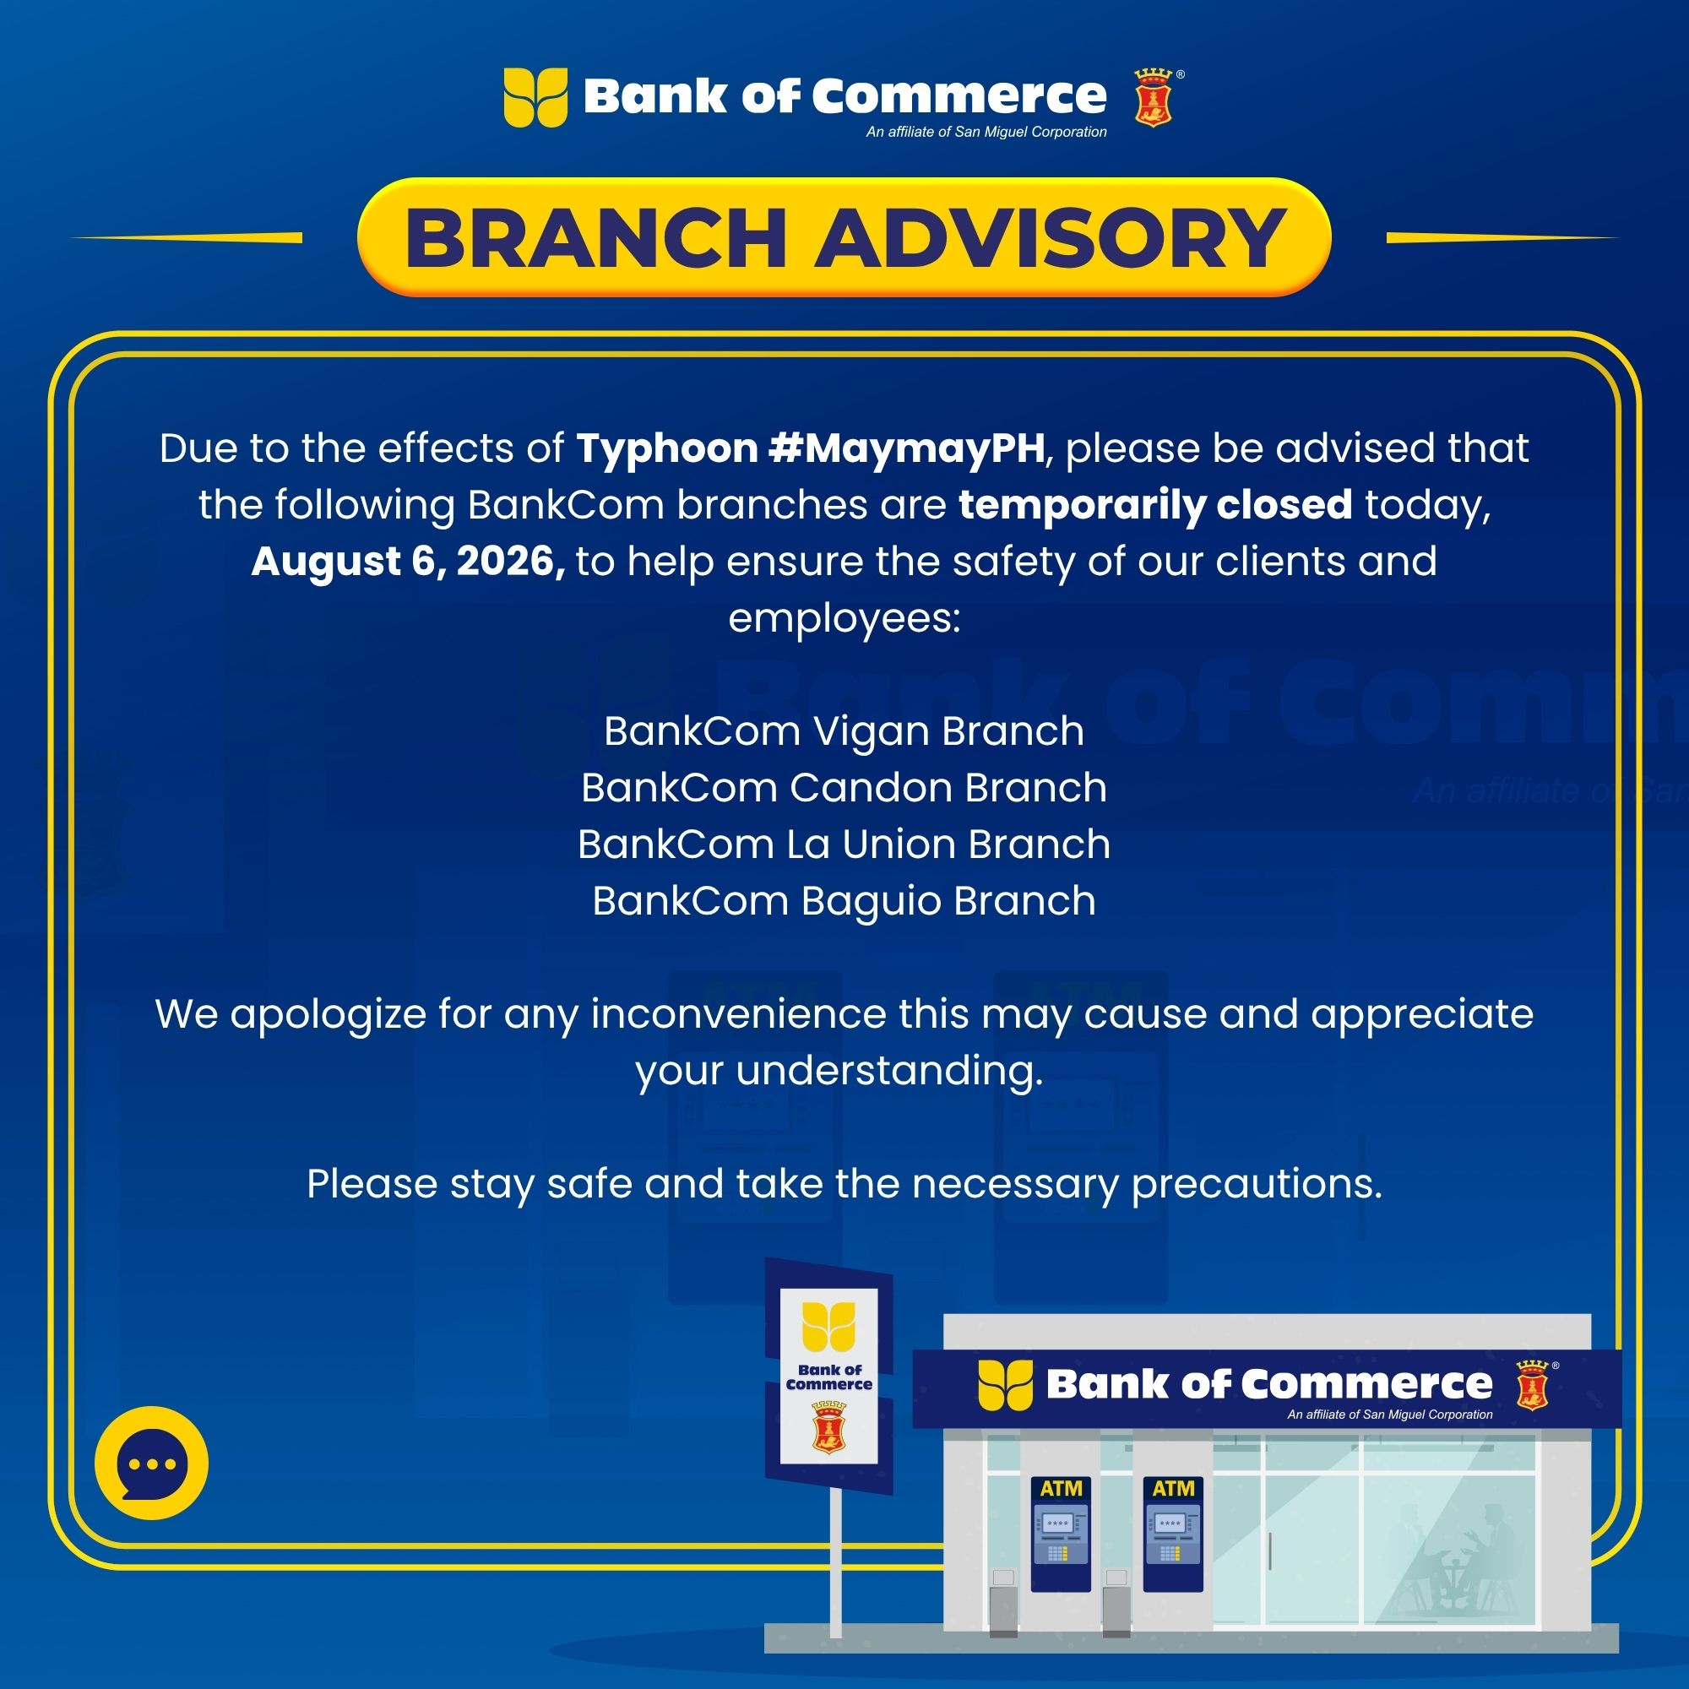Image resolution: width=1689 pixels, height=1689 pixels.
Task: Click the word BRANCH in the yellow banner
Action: tap(595, 238)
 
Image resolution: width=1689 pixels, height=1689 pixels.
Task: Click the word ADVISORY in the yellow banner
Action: tap(1050, 238)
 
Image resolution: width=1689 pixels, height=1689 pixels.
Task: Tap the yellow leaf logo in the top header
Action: tap(535, 97)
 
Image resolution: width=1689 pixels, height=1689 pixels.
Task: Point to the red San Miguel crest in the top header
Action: tap(1153, 99)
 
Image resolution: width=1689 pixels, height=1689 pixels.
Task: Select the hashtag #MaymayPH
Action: tap(906, 448)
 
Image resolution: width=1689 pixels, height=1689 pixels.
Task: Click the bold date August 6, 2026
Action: tap(408, 562)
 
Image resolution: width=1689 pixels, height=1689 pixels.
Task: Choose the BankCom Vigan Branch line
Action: tap(844, 730)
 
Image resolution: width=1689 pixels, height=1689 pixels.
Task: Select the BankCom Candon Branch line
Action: tap(844, 788)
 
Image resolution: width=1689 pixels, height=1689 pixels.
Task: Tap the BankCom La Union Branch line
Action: tap(844, 844)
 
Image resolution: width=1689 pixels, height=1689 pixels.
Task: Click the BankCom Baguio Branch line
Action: tap(844, 901)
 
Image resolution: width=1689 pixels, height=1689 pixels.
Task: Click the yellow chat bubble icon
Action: tap(151, 1464)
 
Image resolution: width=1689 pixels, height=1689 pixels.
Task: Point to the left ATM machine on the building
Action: tap(1061, 1534)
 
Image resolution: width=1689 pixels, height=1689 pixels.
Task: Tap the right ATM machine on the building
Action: tap(1173, 1534)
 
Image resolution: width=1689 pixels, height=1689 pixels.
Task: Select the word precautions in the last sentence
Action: tap(1257, 1186)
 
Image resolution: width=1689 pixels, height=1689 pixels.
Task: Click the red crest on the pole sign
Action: tap(828, 1426)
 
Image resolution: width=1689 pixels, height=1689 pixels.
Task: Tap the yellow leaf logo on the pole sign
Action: tap(828, 1327)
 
